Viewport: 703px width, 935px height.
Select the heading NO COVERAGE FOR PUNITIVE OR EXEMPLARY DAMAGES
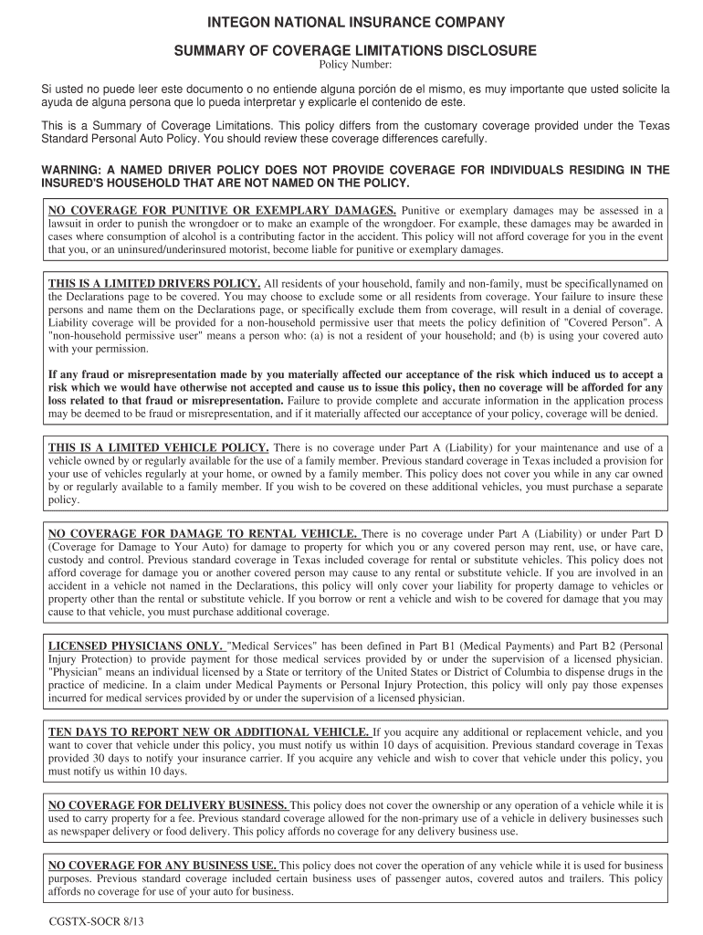tap(222, 210)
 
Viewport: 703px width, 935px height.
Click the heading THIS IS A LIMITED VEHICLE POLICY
tap(158, 447)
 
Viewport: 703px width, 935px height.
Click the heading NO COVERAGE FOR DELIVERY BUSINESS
tap(168, 805)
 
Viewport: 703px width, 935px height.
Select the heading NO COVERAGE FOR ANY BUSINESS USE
tap(163, 865)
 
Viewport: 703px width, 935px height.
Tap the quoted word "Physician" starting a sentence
tap(76, 672)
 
